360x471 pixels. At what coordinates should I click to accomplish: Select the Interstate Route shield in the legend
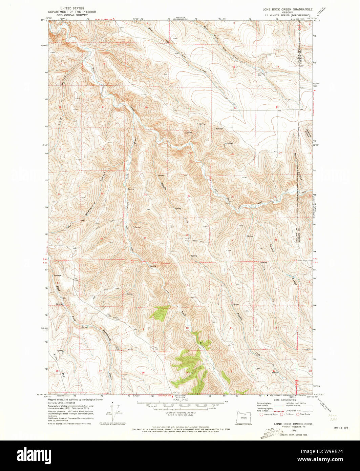tap(261, 414)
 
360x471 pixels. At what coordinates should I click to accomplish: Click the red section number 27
tap(189, 196)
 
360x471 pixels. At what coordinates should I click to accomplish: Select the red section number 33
tap(145, 238)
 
